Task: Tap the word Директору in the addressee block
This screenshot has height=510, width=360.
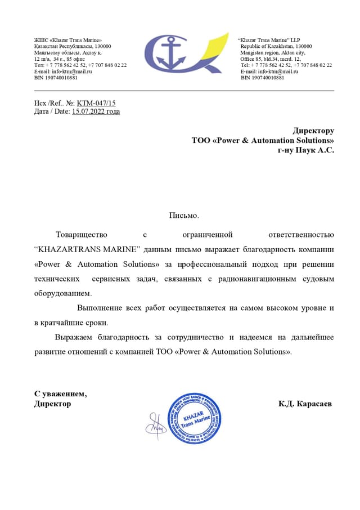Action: point(313,131)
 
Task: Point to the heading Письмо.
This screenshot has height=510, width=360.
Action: point(184,215)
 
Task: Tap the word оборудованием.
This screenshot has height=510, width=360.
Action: point(62,293)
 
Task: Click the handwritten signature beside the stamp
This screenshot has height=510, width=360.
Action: point(156,423)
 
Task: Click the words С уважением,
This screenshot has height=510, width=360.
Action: point(60,393)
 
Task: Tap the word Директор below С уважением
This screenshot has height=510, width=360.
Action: point(52,404)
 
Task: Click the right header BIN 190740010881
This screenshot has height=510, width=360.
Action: point(262,78)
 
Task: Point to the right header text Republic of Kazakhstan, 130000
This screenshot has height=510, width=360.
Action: point(276,46)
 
